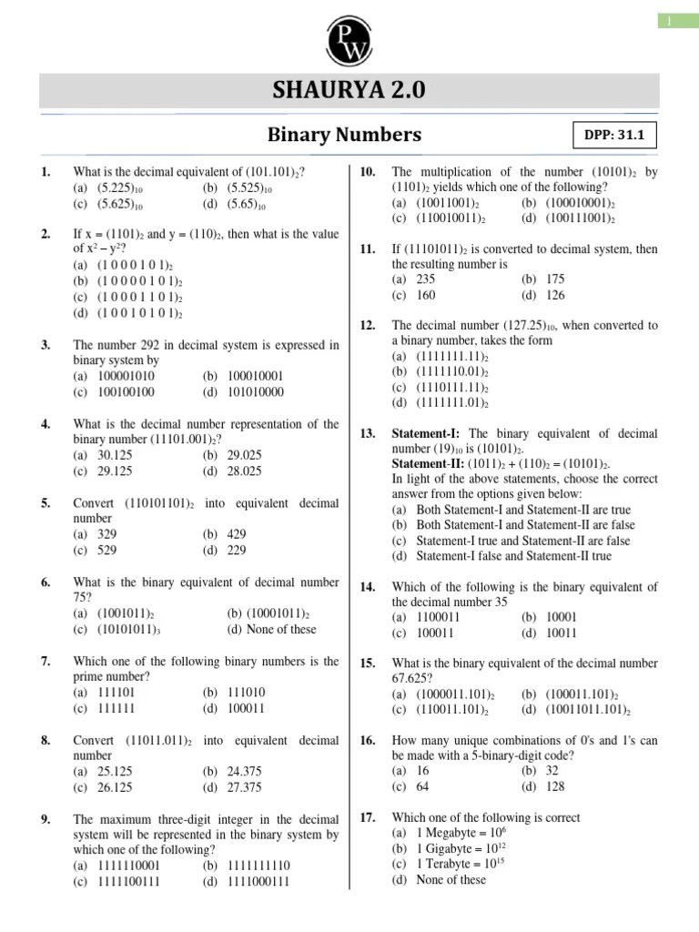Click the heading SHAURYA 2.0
pos(349,91)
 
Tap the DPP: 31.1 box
pos(613,136)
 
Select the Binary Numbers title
pos(344,135)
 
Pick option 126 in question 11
pos(555,295)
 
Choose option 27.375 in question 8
pos(244,787)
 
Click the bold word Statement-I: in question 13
pos(427,433)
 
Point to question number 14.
pos(368,587)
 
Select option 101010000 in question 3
pos(256,391)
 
